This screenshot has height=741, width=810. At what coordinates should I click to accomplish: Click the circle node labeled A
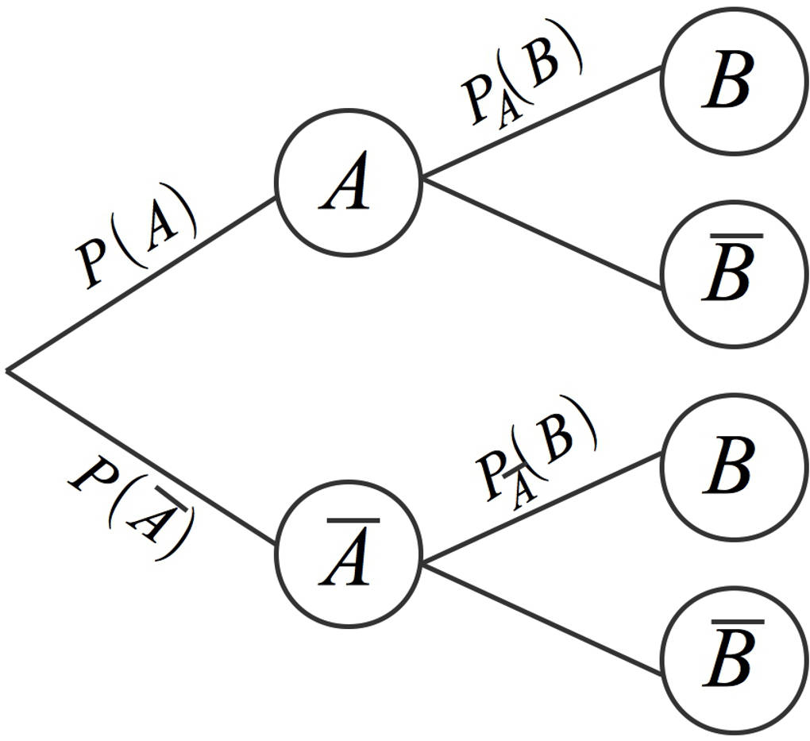point(347,183)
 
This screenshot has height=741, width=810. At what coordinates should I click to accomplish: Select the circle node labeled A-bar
point(347,554)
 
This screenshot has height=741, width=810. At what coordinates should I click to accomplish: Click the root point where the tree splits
point(8,370)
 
